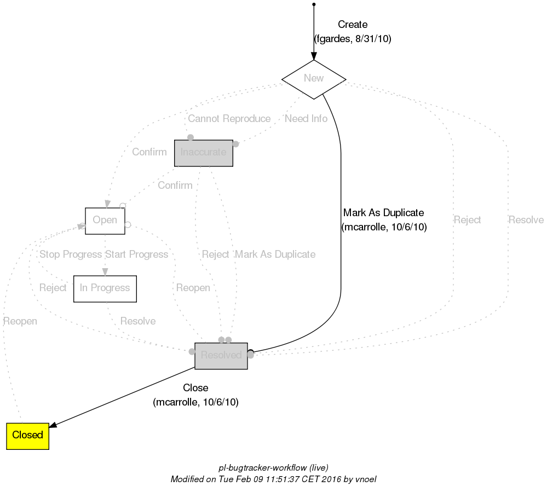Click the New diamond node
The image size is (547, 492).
pos(314,79)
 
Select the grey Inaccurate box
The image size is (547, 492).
pos(203,153)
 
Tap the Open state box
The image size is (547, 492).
pos(105,221)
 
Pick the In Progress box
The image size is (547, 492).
pos(105,288)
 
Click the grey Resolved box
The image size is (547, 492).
pos(221,356)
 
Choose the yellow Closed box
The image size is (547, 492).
pos(27,436)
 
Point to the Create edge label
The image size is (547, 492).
pos(352,25)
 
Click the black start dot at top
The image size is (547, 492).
pos(313,4)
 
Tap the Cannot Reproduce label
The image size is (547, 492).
pos(229,119)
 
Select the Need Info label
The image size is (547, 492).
pos(306,119)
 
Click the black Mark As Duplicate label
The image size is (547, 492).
pos(383,213)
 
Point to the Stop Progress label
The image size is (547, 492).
pos(70,254)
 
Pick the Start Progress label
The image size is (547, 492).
pos(136,254)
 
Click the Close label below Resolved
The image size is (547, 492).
pos(195,388)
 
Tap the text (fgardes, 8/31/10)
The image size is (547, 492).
pos(352,39)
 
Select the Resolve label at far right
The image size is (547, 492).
pos(526,220)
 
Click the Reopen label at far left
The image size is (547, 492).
pos(20,321)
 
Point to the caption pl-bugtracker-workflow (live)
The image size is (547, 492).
pos(273,468)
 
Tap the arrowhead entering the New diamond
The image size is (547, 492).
pos(314,56)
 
